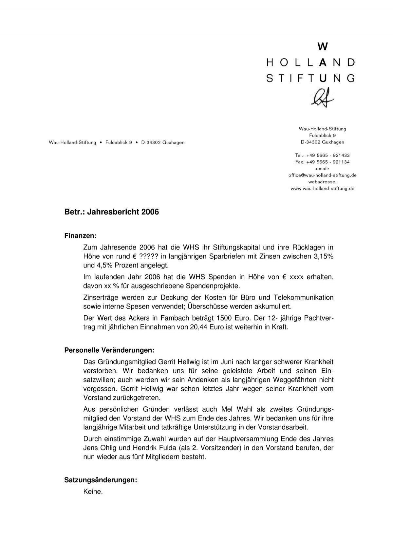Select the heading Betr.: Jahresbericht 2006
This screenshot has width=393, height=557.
[x=111, y=212]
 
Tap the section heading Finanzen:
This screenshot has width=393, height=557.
[x=81, y=236]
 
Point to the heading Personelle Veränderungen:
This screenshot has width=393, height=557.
[x=109, y=350]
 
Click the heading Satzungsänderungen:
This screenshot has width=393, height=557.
[x=101, y=480]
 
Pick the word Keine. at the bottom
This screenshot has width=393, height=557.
[x=93, y=492]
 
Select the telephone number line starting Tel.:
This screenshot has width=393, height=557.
[x=322, y=155]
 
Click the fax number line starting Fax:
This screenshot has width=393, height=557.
[x=322, y=162]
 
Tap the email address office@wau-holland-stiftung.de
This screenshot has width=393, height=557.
[x=322, y=175]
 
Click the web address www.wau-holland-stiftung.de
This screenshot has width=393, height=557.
[x=322, y=189]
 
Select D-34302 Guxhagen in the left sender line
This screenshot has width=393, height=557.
[x=163, y=143]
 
